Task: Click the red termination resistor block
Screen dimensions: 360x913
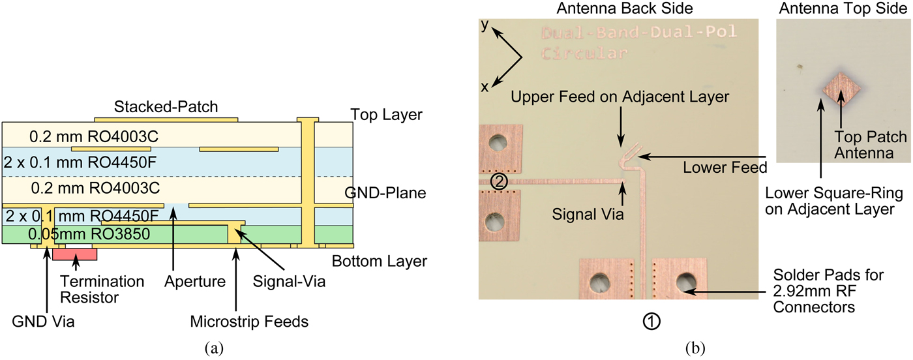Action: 74,254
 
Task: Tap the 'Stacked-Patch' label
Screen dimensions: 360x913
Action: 166,106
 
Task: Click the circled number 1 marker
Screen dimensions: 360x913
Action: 652,320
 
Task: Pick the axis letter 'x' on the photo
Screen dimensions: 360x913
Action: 485,87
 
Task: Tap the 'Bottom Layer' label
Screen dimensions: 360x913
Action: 379,262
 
